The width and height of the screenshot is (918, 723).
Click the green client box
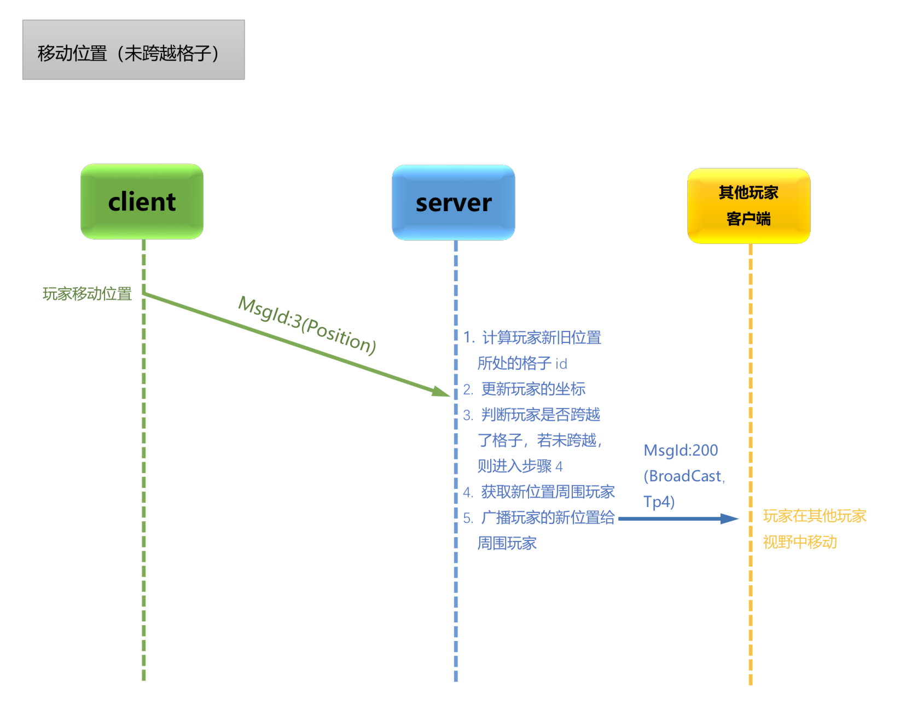tap(142, 202)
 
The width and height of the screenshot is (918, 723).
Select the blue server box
tap(454, 203)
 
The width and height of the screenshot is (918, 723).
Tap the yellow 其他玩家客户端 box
tap(748, 206)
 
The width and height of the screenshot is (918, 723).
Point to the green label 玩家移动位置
tap(87, 294)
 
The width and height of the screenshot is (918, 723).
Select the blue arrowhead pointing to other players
tap(730, 518)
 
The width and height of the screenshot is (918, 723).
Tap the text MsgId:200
tap(681, 451)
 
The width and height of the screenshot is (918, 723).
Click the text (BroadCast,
tap(684, 476)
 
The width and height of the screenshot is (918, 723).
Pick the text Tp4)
tap(659, 502)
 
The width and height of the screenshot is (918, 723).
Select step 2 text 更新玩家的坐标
tap(533, 389)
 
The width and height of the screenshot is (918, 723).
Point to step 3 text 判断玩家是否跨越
tap(540, 415)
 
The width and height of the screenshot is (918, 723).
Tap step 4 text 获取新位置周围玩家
tap(547, 492)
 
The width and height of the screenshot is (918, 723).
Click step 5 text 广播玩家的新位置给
tap(547, 518)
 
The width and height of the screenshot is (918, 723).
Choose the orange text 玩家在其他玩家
tap(814, 516)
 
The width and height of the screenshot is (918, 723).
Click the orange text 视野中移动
tap(800, 542)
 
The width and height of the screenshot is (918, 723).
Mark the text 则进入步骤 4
tap(520, 467)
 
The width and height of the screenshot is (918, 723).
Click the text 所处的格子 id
tap(522, 364)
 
